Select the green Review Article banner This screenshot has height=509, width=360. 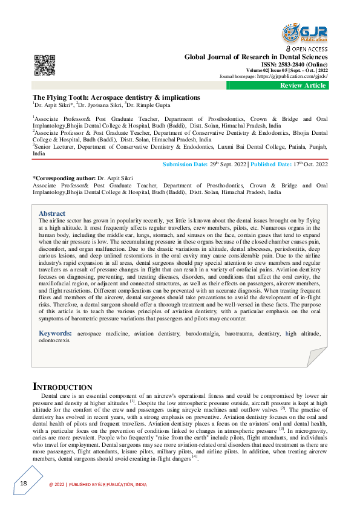pyautogui.click(x=303, y=85)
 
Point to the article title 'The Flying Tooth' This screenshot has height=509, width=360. pyautogui.click(x=116, y=97)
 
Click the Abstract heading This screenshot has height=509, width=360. pyautogui.click(x=52, y=213)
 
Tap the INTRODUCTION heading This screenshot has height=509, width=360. pyautogui.click(x=62, y=386)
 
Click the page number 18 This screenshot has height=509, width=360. pyautogui.click(x=24, y=483)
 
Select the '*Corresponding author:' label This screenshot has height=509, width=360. pyautogui.click(x=63, y=178)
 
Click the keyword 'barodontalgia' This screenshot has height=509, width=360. pyautogui.click(x=201, y=334)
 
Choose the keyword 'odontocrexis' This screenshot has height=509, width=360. pyautogui.click(x=54, y=340)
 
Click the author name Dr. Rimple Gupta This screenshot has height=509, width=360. pyautogui.click(x=154, y=105)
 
